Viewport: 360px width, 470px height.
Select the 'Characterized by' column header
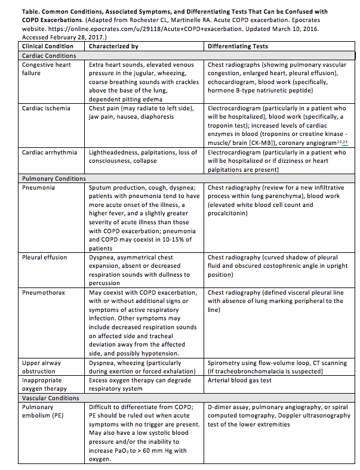coord(113,47)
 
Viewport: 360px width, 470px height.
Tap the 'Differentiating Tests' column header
coord(238,47)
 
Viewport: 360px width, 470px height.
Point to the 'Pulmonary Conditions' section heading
coord(54,178)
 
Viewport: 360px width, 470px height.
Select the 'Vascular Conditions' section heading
coord(51,397)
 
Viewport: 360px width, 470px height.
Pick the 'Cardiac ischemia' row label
coord(46,109)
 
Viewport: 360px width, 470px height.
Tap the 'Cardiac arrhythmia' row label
coord(50,152)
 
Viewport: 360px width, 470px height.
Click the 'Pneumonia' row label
coord(38,187)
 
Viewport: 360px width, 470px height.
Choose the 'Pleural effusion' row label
coord(45,258)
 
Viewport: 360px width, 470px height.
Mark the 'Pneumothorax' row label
coord(42,293)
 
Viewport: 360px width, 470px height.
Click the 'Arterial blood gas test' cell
coord(239,380)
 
